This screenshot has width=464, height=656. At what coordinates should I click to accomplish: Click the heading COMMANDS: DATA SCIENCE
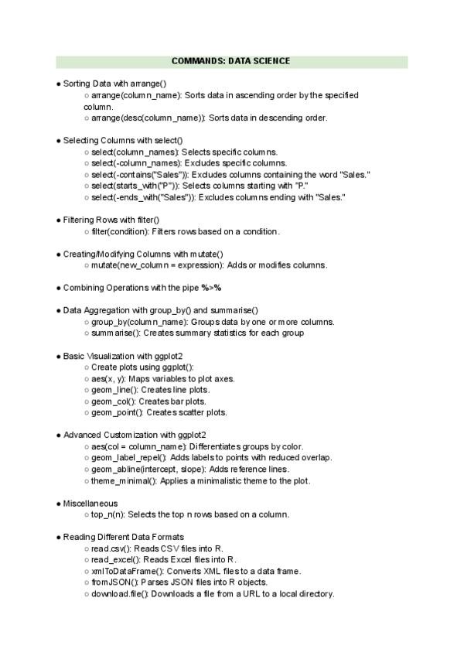[231, 61]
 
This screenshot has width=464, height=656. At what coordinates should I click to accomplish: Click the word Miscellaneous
[91, 503]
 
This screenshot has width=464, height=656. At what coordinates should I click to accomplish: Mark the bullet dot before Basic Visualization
[59, 356]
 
